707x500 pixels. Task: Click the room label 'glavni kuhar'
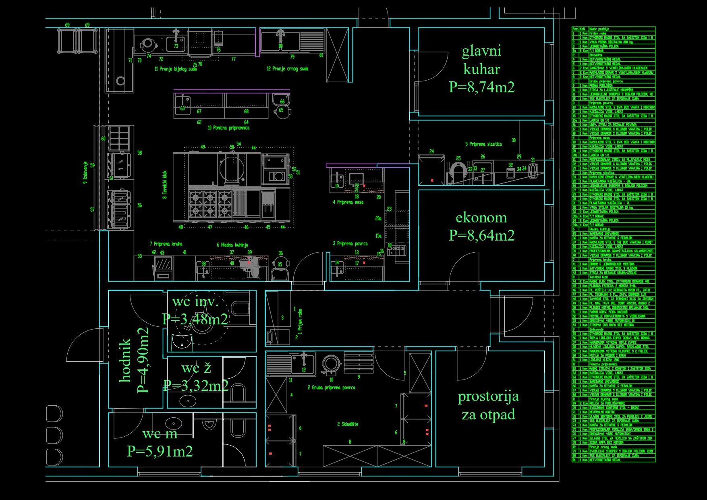[x=481, y=60]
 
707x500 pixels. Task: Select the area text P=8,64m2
[x=481, y=235]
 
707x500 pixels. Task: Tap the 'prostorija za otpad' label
[x=488, y=405]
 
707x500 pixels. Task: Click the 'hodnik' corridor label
[x=126, y=360]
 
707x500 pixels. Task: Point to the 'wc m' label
[x=160, y=434]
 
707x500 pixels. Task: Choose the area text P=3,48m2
[x=195, y=319]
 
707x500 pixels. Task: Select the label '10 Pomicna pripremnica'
[x=228, y=128]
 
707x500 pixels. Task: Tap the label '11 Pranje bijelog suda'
[x=176, y=69]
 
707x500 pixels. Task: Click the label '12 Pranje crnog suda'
[x=287, y=68]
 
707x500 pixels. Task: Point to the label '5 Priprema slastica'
[x=483, y=144]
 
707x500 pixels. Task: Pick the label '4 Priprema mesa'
[x=348, y=202]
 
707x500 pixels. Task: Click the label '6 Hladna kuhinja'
[x=232, y=245]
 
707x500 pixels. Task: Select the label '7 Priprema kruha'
[x=166, y=244]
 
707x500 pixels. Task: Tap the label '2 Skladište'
[x=347, y=424]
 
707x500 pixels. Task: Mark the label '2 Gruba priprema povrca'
[x=332, y=388]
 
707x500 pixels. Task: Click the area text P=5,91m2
[x=160, y=451]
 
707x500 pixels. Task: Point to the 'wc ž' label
[x=196, y=368]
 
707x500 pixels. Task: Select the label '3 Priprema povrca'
[x=350, y=243]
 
